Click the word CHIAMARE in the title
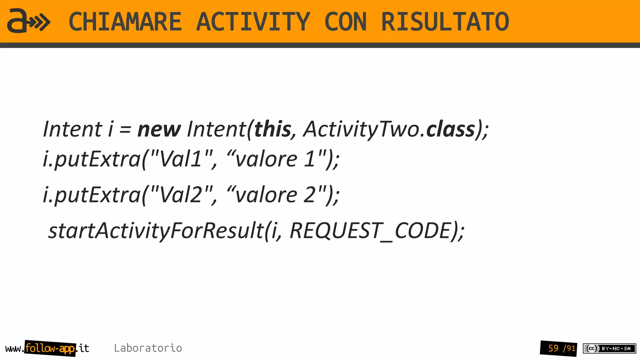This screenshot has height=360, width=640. [x=125, y=22]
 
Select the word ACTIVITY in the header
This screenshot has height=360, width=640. [x=253, y=22]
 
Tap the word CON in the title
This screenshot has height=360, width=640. [x=345, y=22]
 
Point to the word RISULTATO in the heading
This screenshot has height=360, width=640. [x=445, y=22]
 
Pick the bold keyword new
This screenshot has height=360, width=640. [x=159, y=129]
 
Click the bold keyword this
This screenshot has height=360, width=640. [x=273, y=129]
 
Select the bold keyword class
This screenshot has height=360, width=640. [x=451, y=129]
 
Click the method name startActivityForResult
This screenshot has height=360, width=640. [x=156, y=231]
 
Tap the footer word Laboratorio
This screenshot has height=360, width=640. [x=148, y=348]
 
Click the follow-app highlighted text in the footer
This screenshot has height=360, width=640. [x=50, y=348]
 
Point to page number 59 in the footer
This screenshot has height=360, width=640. [x=553, y=348]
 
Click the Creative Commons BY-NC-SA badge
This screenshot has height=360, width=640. [x=609, y=348]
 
